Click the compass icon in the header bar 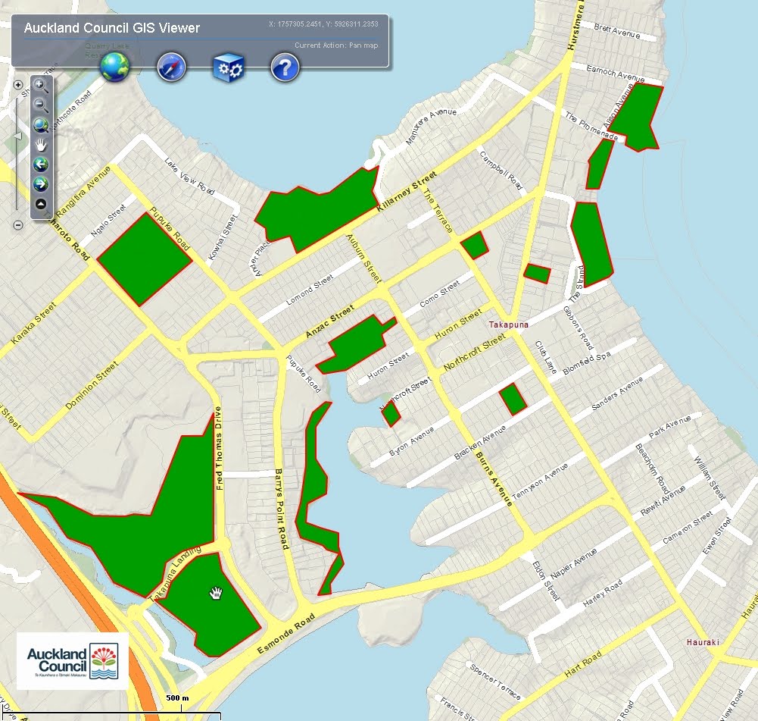tap(172, 68)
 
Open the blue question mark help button tap(285, 68)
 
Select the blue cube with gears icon tap(227, 68)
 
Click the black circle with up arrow tap(41, 203)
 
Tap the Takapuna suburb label tap(507, 324)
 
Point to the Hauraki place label tap(701, 642)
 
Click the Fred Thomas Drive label tap(220, 447)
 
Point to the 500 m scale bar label tap(177, 697)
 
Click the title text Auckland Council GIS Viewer tap(112, 28)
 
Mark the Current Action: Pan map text tap(336, 45)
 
